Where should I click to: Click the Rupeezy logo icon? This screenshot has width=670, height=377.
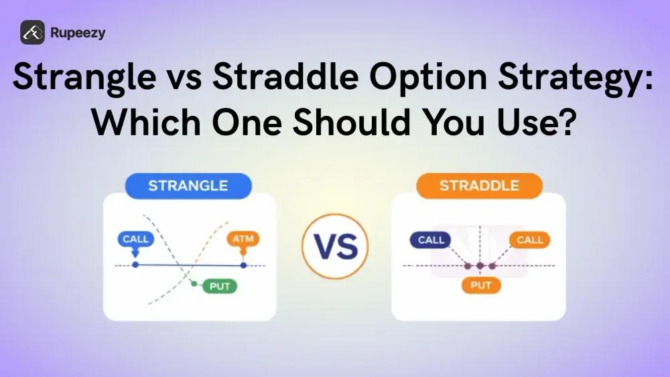coord(31,32)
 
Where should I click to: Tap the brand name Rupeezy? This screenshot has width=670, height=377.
coord(77,33)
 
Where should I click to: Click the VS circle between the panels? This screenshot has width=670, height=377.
coord(335,246)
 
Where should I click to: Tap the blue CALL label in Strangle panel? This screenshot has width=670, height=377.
coord(135,238)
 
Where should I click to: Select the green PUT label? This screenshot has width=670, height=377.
coord(220,286)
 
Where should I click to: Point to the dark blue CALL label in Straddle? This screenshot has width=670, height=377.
coord(431,240)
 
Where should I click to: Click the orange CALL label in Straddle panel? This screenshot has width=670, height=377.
coord(530,240)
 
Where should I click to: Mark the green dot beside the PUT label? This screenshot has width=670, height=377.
coord(194,284)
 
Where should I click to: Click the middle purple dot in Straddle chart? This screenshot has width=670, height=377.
coord(480,266)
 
